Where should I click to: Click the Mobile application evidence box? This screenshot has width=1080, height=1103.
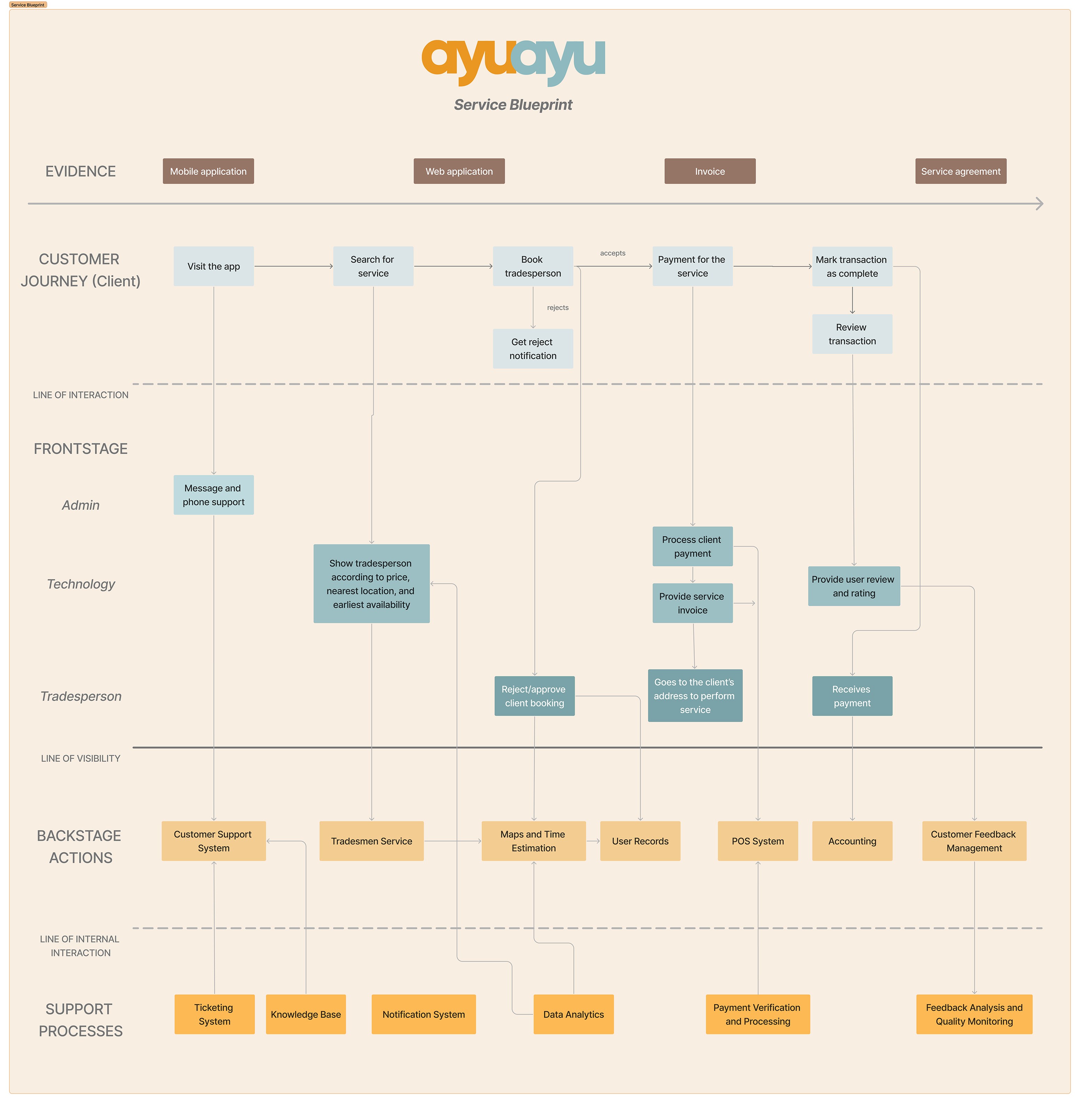(208, 171)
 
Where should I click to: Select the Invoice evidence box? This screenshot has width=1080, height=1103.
(710, 171)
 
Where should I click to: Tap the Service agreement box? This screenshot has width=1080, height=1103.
(960, 171)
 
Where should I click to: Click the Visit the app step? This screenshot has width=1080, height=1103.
(213, 266)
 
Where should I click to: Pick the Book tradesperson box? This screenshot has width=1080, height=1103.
(533, 266)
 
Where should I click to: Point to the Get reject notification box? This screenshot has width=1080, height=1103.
(533, 349)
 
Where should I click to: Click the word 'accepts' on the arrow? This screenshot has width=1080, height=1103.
(613, 253)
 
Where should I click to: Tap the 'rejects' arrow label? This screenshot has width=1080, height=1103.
(558, 308)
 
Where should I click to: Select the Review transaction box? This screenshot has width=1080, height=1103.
(852, 334)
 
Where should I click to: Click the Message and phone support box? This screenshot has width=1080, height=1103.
(213, 495)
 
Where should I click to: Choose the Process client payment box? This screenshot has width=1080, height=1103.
(692, 546)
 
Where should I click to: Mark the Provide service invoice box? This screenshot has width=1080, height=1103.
(692, 603)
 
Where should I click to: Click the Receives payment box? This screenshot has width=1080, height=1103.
(852, 696)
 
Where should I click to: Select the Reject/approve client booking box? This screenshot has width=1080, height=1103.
(534, 696)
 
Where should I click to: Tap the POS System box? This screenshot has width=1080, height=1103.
(757, 841)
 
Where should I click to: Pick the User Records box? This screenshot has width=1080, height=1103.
(640, 841)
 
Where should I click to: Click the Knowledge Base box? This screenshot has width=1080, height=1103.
(306, 1014)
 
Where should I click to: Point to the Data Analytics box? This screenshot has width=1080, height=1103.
(574, 1014)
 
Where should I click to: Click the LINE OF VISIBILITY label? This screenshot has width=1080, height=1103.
(80, 759)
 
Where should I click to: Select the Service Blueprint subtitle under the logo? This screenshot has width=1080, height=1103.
(513, 104)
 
